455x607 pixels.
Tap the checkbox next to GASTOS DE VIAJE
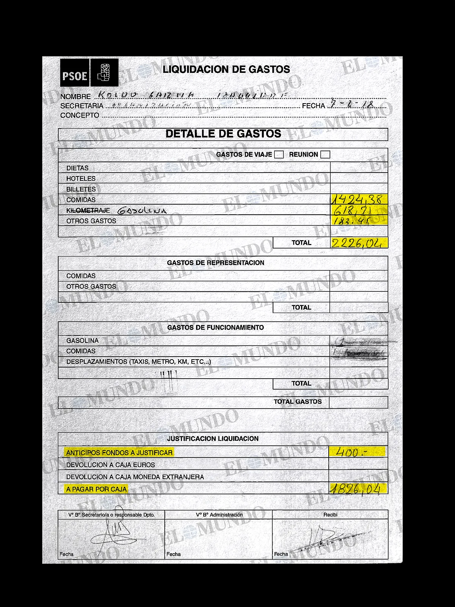[x=279, y=154]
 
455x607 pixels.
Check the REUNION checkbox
[x=325, y=154]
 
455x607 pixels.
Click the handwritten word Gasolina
[x=142, y=211]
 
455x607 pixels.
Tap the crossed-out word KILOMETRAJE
[x=88, y=211]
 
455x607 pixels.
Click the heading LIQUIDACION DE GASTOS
[x=226, y=69]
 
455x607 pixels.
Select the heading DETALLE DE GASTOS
[x=223, y=134]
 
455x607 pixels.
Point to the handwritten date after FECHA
[x=352, y=104]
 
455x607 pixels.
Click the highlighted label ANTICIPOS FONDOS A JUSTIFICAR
[x=119, y=453]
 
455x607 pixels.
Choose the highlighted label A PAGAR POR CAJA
[x=96, y=489]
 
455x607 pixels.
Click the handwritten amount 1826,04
[x=355, y=489]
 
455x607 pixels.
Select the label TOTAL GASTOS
[x=298, y=402]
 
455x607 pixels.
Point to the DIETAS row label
[x=77, y=168]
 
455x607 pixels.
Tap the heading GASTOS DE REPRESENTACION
[x=215, y=263]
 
